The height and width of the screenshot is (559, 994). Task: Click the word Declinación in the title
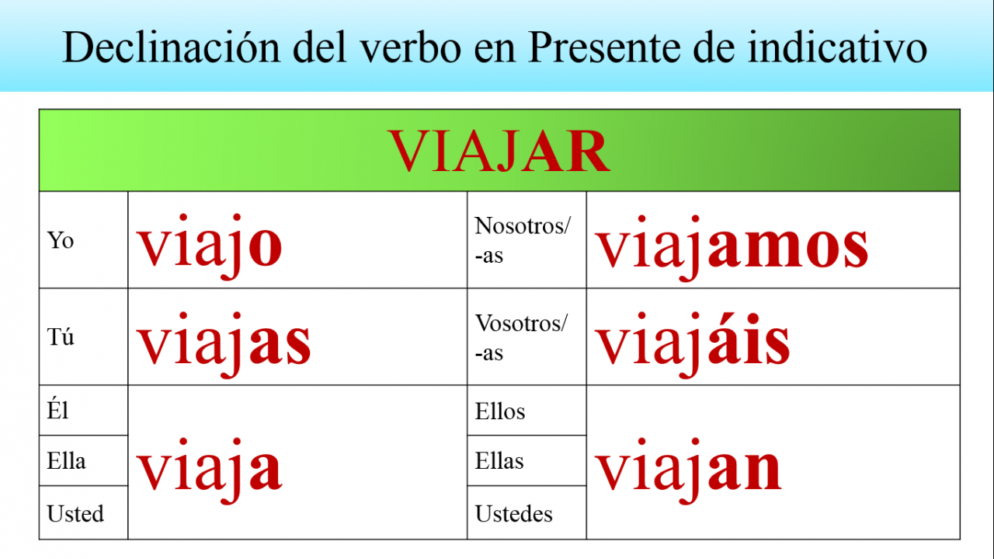pyautogui.click(x=172, y=47)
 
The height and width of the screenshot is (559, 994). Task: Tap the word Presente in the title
pyautogui.click(x=604, y=47)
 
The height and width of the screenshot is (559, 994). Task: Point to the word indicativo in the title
pyautogui.click(x=837, y=47)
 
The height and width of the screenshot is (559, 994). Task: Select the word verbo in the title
pyautogui.click(x=412, y=47)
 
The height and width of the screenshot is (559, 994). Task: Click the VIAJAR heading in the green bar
pyautogui.click(x=499, y=151)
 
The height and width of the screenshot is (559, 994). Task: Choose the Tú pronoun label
pyautogui.click(x=61, y=337)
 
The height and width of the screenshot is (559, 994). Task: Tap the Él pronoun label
pyautogui.click(x=57, y=410)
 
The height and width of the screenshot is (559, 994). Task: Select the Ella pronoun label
pyautogui.click(x=66, y=461)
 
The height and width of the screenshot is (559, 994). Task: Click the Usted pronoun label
pyautogui.click(x=75, y=513)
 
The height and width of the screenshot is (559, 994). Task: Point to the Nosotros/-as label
pyautogui.click(x=523, y=240)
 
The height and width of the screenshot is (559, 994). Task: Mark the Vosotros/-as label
pyautogui.click(x=521, y=337)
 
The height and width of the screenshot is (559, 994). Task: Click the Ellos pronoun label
pyautogui.click(x=500, y=411)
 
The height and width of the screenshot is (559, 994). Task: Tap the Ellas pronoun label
pyautogui.click(x=499, y=461)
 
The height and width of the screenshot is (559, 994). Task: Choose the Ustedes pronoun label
pyautogui.click(x=514, y=514)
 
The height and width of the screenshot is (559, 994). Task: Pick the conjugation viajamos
pyautogui.click(x=732, y=248)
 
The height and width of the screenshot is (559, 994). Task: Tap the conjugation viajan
pyautogui.click(x=688, y=471)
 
